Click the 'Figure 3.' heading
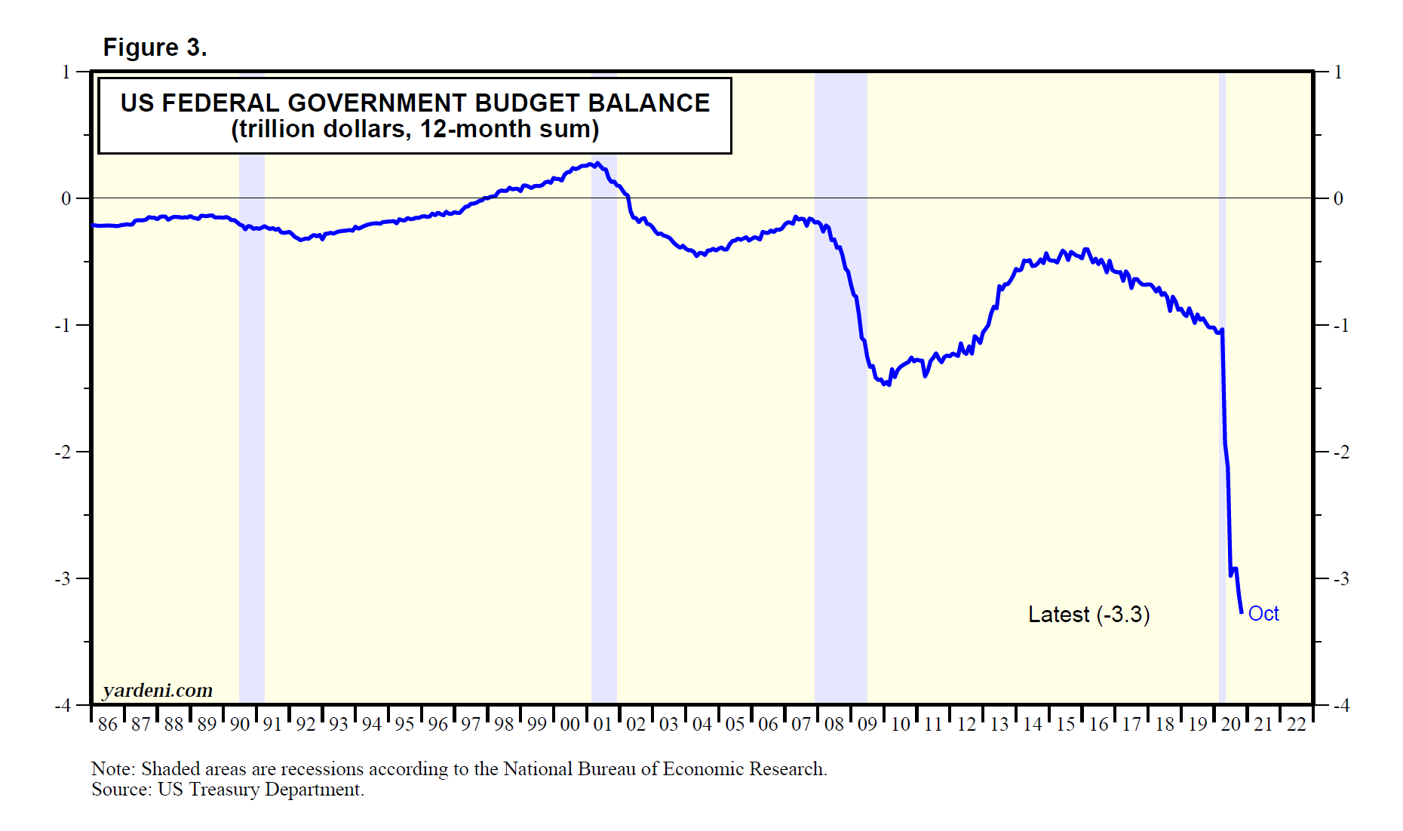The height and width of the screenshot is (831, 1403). pos(155,48)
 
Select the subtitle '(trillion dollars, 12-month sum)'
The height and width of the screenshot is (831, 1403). pos(415,130)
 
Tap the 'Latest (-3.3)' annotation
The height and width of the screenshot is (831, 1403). pos(1088,615)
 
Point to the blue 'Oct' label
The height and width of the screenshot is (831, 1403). pos(1263,614)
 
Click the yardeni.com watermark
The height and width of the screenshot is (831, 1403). pos(158,690)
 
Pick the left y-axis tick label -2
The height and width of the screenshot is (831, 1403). pos(63,452)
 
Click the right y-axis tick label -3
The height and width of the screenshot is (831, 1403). pos(1340,579)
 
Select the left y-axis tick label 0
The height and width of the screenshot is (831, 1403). pos(66,199)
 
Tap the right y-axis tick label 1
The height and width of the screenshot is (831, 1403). pos(1338,72)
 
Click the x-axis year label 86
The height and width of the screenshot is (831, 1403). pos(108,725)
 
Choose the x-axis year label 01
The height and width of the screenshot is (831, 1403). pos(603,725)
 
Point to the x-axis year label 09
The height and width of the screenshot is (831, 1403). pos(867,725)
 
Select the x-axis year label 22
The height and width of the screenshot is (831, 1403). pos(1297,725)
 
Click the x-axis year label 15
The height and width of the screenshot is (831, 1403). pos(1065,725)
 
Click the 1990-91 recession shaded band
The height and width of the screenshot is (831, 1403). pos(252,452)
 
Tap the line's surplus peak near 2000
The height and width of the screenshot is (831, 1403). pos(596,163)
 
